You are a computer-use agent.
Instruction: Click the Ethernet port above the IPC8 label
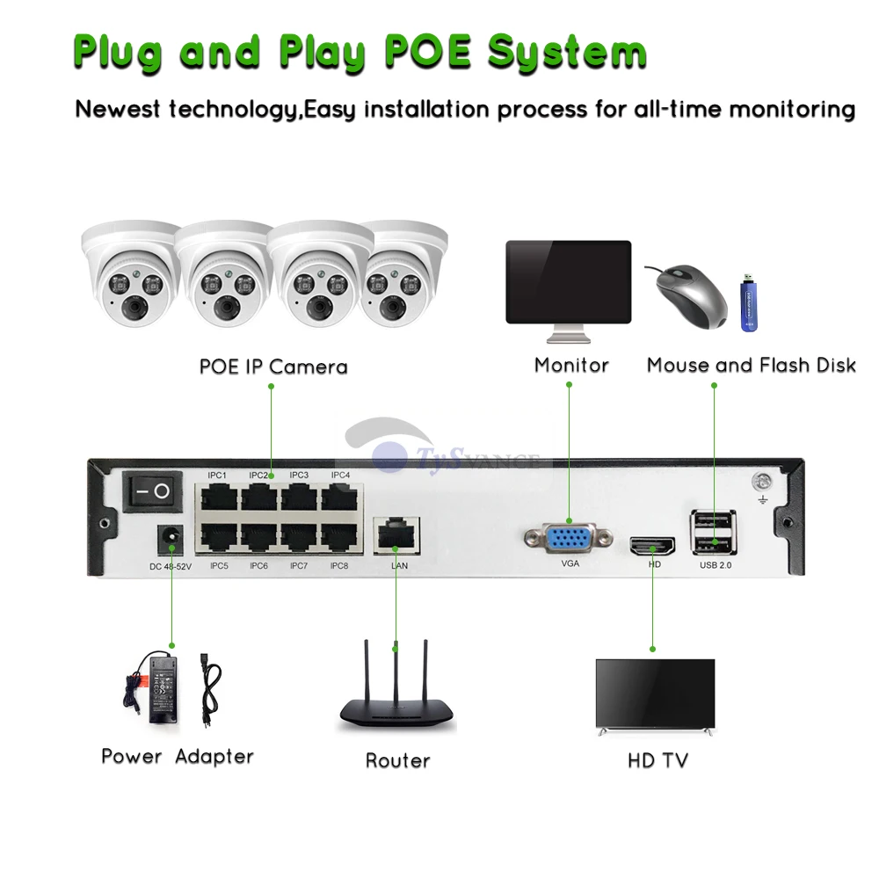338,537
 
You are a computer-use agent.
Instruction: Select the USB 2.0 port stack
714,533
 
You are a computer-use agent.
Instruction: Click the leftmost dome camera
128,277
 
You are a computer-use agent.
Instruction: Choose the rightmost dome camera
403,277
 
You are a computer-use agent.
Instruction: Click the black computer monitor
568,283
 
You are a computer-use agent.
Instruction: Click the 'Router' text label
397,760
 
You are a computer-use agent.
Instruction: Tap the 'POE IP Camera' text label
272,367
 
